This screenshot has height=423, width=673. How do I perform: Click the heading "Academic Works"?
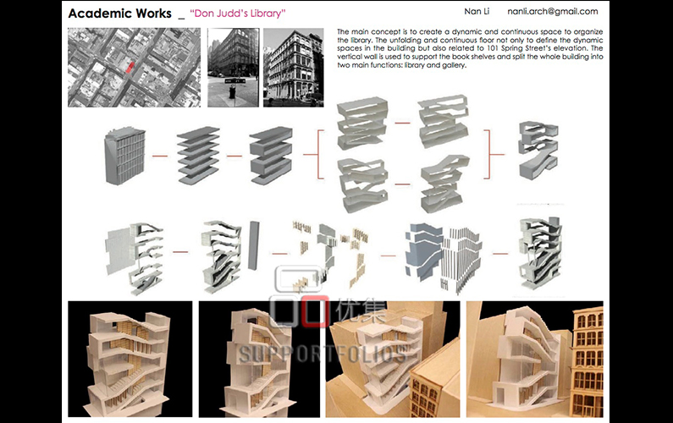tap(119, 14)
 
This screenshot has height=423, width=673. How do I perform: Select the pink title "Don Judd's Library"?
tap(238, 14)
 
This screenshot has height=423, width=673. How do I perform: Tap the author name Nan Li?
tap(477, 11)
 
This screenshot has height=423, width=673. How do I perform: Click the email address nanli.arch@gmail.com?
tap(553, 12)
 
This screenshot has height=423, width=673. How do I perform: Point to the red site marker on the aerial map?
tap(130, 67)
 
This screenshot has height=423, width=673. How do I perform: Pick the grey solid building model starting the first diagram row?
tap(124, 156)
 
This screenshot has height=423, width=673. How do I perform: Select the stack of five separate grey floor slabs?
tap(198, 155)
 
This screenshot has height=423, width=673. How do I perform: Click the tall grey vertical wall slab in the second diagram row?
tap(254, 245)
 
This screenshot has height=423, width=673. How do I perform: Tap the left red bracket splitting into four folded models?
tap(318, 155)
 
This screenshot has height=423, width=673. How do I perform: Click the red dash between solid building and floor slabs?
tap(160, 156)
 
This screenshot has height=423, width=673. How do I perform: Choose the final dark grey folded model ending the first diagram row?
tap(538, 150)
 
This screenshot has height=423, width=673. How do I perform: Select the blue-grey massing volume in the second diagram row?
tap(423, 250)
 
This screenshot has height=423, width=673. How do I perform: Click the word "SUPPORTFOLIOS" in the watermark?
tap(323, 354)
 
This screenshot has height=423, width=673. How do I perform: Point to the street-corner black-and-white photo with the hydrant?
tap(234, 68)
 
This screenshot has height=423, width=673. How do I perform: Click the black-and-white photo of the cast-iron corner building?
tap(294, 68)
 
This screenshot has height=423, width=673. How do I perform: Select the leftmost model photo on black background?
tap(130, 359)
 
